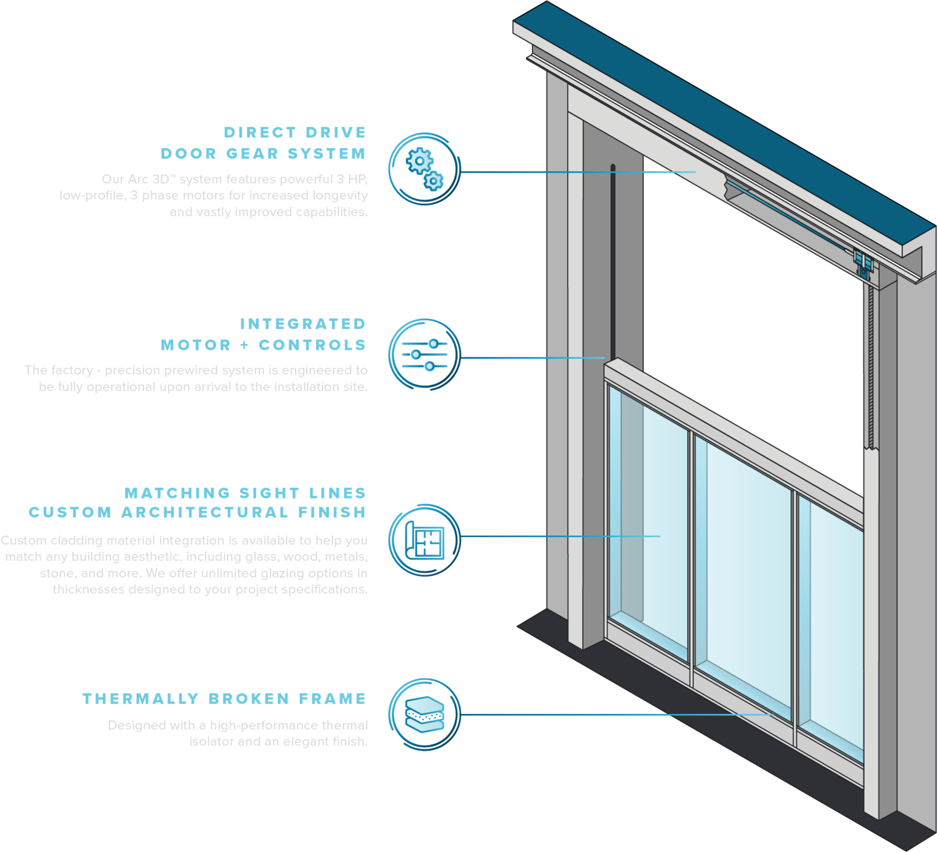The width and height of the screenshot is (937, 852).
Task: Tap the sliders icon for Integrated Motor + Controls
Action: pyautogui.click(x=425, y=354)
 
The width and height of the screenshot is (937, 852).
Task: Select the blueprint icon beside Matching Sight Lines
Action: pyautogui.click(x=425, y=539)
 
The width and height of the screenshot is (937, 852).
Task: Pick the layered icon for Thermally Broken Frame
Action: pyautogui.click(x=425, y=714)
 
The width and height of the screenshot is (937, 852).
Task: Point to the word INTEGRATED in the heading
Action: pyautogui.click(x=302, y=324)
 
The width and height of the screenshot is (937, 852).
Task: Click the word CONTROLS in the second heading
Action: pyautogui.click(x=312, y=345)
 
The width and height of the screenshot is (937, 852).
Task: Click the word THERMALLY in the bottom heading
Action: pyautogui.click(x=141, y=698)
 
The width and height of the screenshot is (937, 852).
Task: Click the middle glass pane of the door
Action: pyautogui.click(x=743, y=575)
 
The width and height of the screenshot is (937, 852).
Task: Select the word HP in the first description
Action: pyautogui.click(x=358, y=179)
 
